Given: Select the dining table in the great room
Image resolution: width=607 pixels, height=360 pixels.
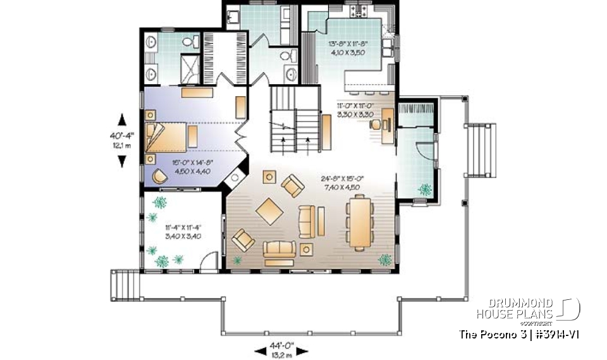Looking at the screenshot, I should [358, 221].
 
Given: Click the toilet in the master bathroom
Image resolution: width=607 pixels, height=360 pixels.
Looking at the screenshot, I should [190, 42].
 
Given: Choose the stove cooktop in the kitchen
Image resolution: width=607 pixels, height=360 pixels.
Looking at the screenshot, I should [365, 12].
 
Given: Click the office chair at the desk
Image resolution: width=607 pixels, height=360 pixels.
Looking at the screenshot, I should [376, 124].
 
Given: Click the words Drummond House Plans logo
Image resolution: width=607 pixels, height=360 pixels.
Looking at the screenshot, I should [515, 308].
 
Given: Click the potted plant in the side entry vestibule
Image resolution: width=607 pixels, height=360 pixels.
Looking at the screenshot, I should [424, 189].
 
